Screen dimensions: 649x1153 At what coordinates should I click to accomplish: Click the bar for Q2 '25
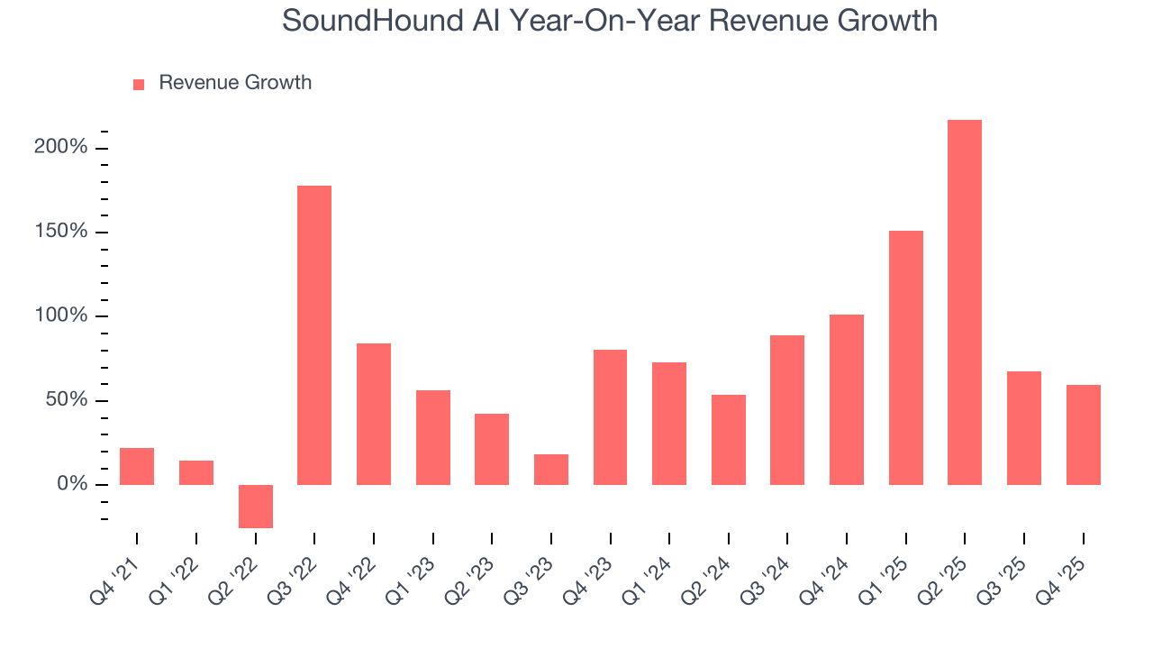click(964, 302)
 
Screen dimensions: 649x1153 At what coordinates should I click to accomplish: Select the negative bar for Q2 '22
click(256, 506)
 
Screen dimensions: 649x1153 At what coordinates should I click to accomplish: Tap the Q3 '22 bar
click(314, 335)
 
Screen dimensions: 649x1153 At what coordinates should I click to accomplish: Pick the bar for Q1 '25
click(905, 358)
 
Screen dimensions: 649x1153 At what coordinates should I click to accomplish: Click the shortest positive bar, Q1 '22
click(196, 472)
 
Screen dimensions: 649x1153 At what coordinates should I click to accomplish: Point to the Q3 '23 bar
click(551, 470)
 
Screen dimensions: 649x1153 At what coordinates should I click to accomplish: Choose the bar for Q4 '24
click(847, 399)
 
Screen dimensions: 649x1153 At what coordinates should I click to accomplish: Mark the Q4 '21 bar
click(137, 466)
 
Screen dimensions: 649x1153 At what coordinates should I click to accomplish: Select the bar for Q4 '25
click(1083, 434)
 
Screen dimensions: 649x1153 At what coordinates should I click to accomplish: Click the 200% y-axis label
click(61, 147)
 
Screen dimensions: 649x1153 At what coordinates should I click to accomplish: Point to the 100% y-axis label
click(61, 315)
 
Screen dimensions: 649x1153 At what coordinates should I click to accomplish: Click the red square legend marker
click(139, 84)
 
